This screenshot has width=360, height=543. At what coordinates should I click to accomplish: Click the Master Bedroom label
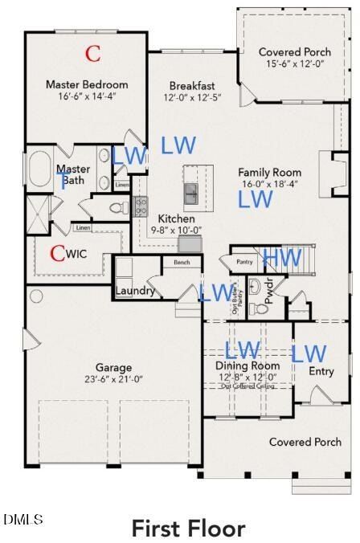click(x=86, y=84)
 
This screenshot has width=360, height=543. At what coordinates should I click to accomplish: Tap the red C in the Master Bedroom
click(x=93, y=54)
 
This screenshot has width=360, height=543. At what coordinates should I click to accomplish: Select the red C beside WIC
click(x=57, y=254)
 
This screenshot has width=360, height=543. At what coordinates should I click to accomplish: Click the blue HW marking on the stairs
click(x=282, y=257)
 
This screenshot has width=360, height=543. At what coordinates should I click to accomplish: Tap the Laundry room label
click(x=135, y=291)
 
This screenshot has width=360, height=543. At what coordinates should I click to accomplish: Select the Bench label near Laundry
click(x=181, y=263)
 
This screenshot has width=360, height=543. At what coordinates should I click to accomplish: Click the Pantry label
click(x=244, y=262)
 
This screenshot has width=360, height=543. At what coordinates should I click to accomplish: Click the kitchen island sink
click(x=192, y=193)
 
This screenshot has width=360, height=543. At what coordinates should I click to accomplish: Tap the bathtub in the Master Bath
click(x=39, y=172)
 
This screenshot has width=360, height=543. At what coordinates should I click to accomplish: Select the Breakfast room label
click(x=192, y=86)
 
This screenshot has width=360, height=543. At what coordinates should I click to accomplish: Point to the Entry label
click(x=321, y=371)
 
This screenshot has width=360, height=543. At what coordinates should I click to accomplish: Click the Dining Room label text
click(x=249, y=365)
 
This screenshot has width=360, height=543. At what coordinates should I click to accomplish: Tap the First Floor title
click(x=188, y=529)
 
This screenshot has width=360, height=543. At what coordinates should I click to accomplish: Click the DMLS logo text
click(x=23, y=520)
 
